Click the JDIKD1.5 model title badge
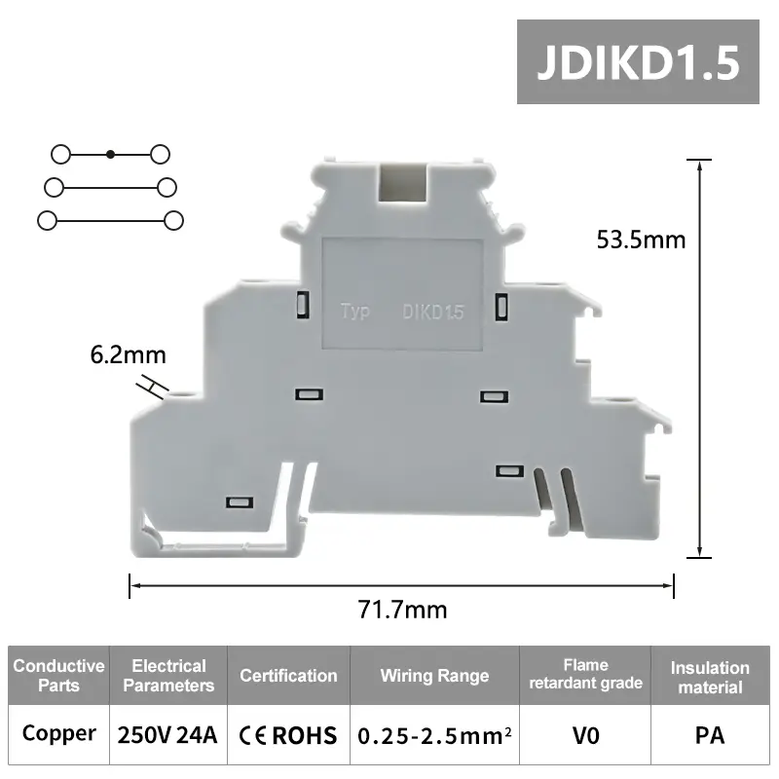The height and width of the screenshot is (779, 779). pyautogui.click(x=638, y=61)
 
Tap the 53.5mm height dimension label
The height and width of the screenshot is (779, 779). pyautogui.click(x=641, y=239)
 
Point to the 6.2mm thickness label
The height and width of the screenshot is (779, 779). pyautogui.click(x=129, y=355)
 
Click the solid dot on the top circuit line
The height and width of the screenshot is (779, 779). pyautogui.click(x=111, y=154)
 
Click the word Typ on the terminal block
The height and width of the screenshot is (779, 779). pyautogui.click(x=355, y=313)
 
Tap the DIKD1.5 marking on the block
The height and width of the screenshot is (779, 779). pyautogui.click(x=433, y=313)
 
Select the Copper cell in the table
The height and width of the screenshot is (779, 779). pyautogui.click(x=58, y=733)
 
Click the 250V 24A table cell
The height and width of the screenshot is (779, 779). pyautogui.click(x=167, y=733)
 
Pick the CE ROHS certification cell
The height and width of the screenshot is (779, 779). pyautogui.click(x=288, y=734)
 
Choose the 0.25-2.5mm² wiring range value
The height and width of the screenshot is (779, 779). pyautogui.click(x=434, y=734)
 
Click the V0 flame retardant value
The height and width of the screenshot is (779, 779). pyautogui.click(x=585, y=733)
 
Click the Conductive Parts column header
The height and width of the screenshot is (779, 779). pyautogui.click(x=58, y=676)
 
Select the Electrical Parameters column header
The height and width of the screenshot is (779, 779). pyautogui.click(x=168, y=676)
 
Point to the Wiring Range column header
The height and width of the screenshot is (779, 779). pyautogui.click(x=434, y=676)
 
